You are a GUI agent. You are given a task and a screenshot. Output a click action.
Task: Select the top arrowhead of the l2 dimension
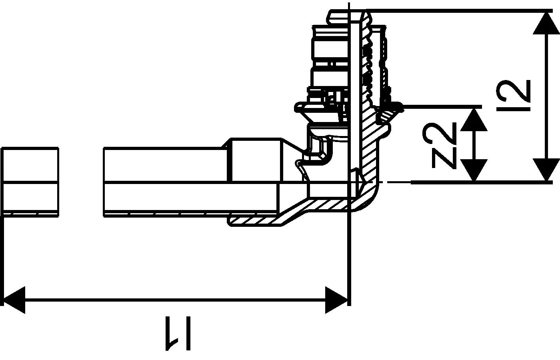546,24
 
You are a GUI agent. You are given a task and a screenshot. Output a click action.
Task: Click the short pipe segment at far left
30,182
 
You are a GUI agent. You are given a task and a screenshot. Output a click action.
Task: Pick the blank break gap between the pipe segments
81,182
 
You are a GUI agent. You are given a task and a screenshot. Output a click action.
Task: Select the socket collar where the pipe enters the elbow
256,160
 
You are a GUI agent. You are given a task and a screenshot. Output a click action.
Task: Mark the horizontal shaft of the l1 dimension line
176,300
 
